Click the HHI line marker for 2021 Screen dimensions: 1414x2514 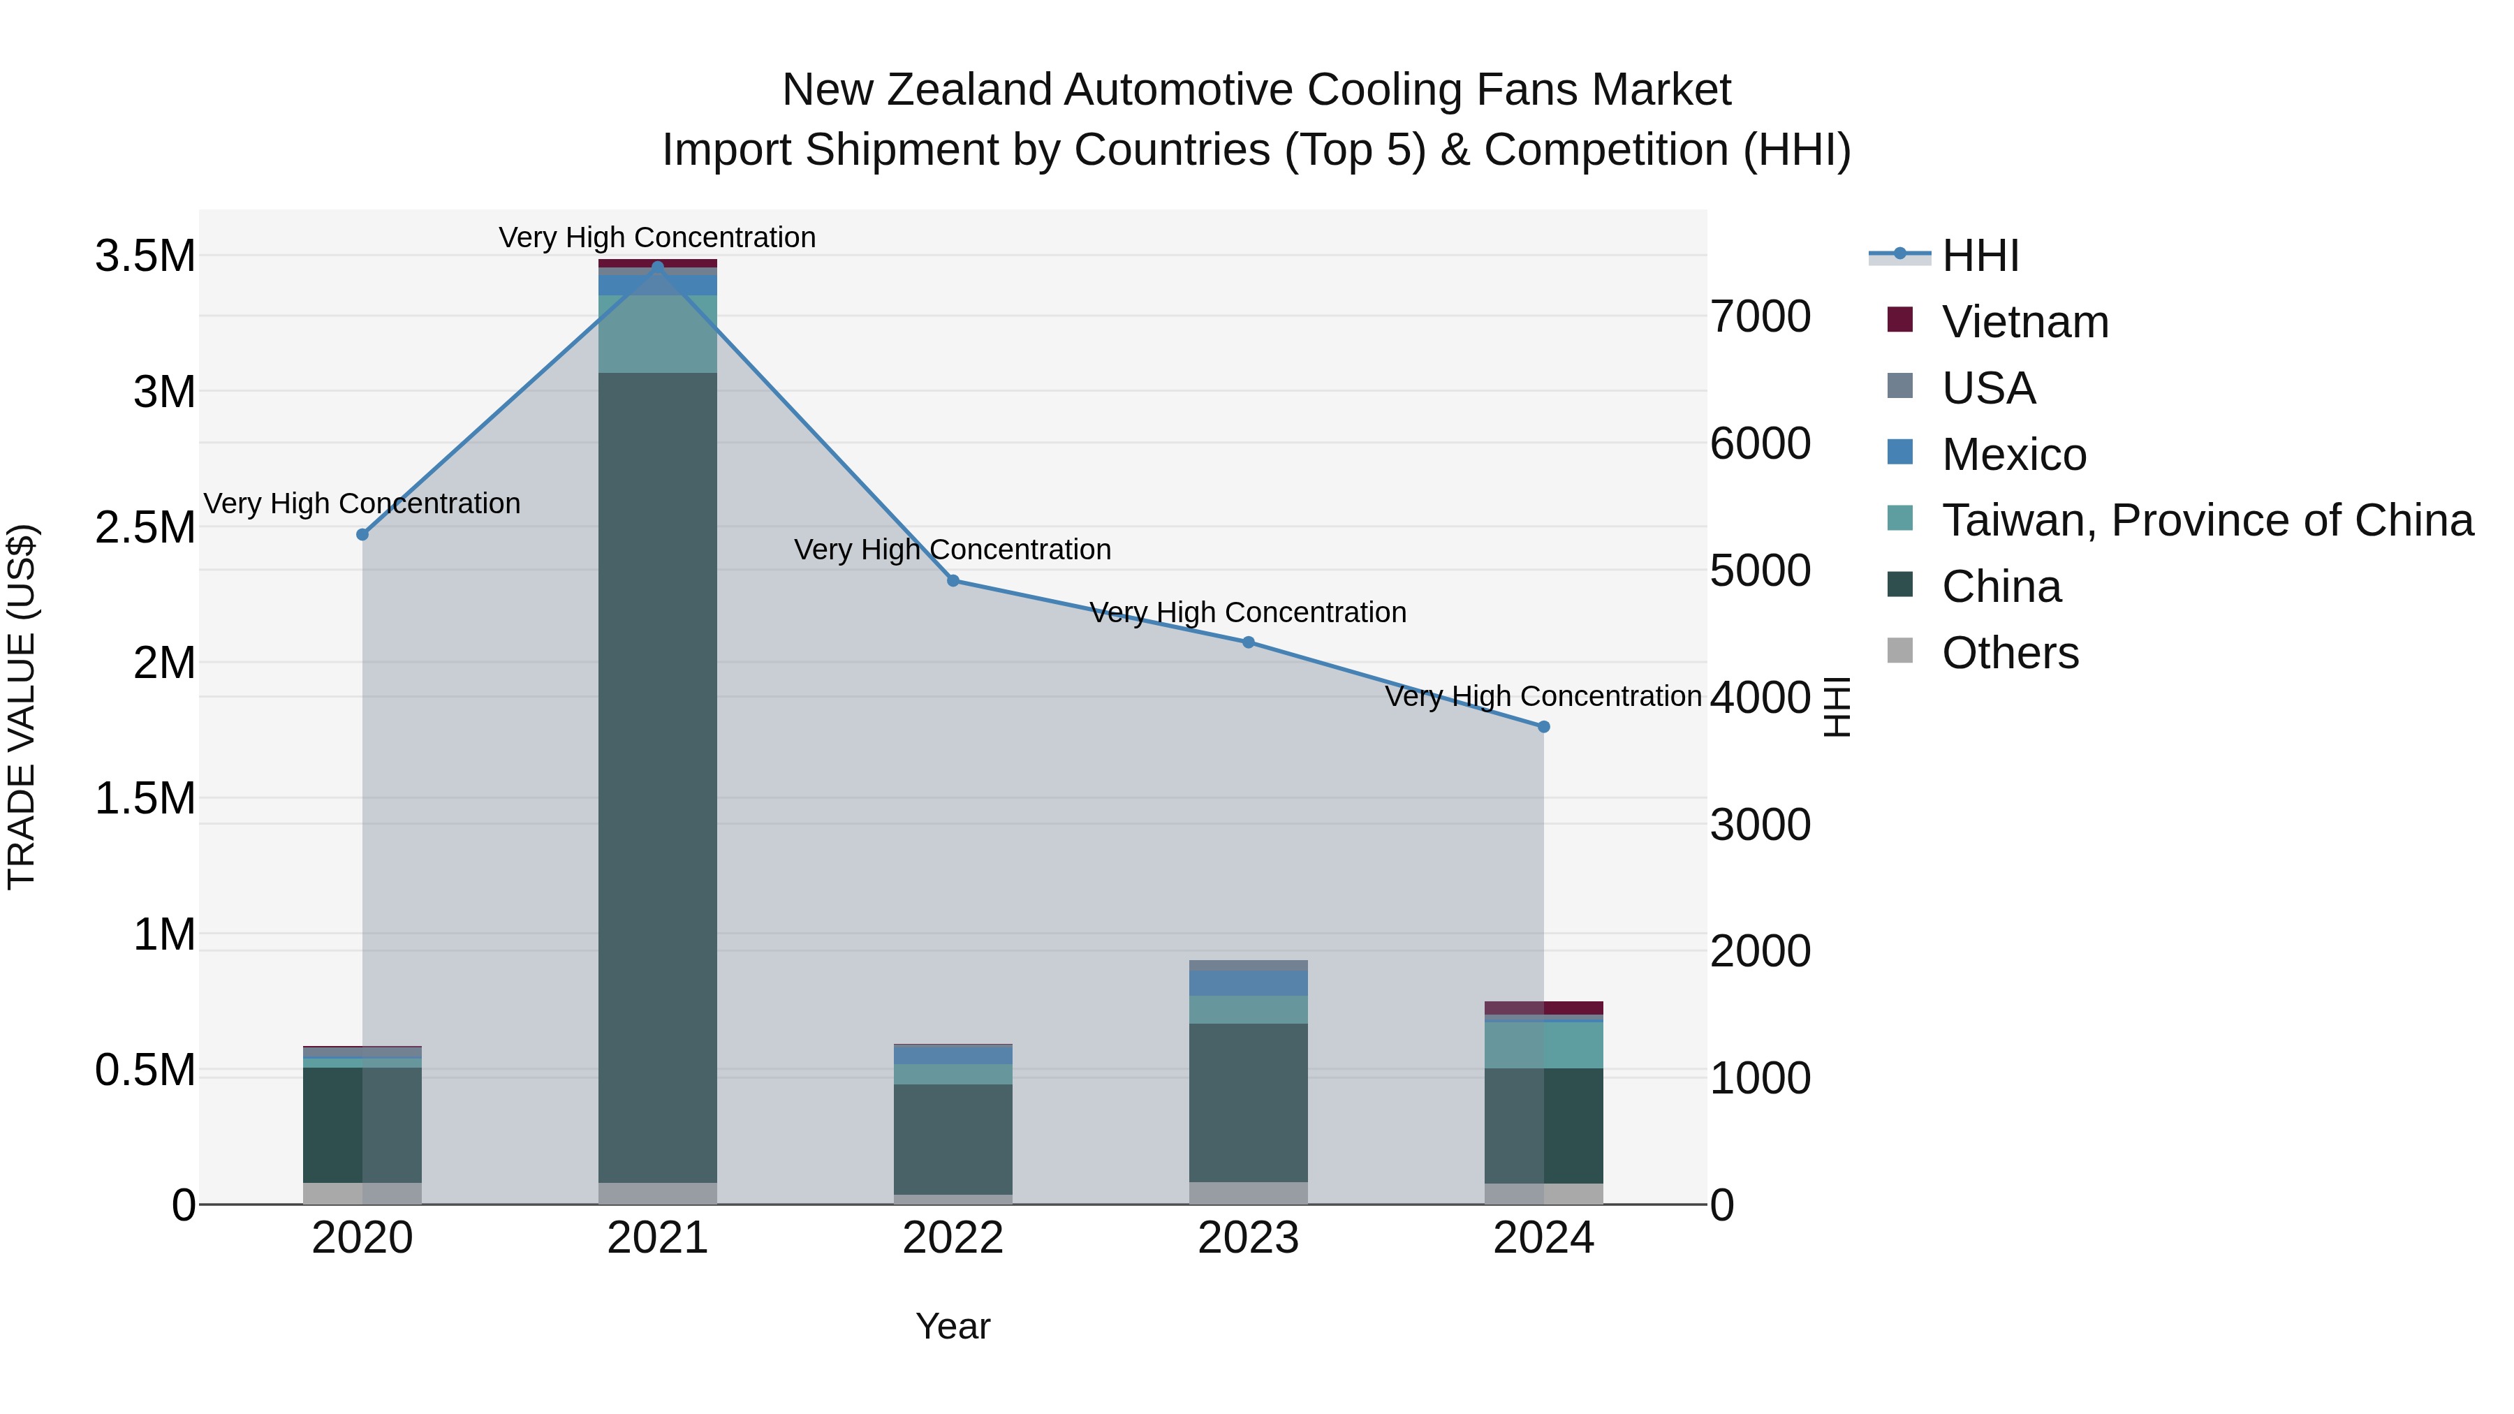(657, 267)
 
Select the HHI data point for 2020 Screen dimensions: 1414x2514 (362, 535)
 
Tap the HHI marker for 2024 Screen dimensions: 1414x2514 (1543, 727)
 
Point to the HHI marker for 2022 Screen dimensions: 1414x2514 (953, 581)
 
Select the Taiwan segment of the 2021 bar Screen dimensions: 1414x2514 (657, 334)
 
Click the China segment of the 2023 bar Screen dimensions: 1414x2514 (1247, 1103)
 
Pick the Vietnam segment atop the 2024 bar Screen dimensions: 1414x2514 (1543, 1008)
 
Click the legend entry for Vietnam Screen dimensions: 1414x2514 (2025, 322)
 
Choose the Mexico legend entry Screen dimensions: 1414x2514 (2013, 455)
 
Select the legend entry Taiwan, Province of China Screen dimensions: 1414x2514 (2207, 520)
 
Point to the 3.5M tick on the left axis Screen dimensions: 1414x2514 (145, 257)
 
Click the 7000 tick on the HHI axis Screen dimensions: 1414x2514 (1760, 317)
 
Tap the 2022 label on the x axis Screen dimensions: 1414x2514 (953, 1238)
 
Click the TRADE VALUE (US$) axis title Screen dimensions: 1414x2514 (22, 707)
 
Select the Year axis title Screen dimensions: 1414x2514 (953, 1326)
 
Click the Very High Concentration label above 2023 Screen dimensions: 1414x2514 (1247, 613)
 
